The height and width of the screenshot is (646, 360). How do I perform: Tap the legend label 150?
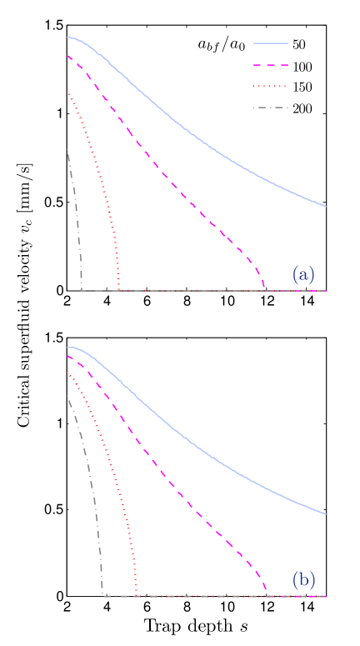pos(302,87)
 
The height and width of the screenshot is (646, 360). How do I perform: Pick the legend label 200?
pos(302,108)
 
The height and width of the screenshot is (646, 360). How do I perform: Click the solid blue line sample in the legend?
pos(269,43)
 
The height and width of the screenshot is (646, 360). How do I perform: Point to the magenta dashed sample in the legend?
pos(269,65)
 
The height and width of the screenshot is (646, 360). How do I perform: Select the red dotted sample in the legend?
pos(269,87)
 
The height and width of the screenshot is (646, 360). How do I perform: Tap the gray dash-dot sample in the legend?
pos(269,108)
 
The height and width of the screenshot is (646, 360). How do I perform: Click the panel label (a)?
pos(303,273)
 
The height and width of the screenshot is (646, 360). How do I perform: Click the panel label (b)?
pos(303,579)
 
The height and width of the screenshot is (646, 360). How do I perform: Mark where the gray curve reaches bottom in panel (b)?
pos(103,595)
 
